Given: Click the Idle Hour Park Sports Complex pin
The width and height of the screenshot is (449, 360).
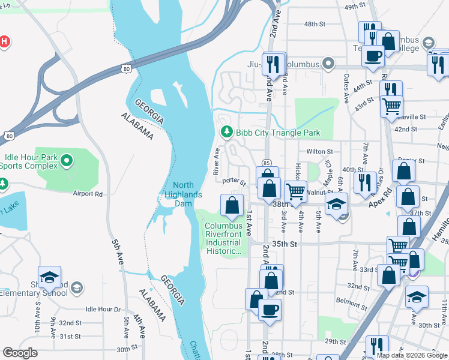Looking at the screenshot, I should pyautogui.click(x=67, y=161).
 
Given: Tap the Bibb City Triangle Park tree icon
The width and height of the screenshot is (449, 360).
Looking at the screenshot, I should pyautogui.click(x=226, y=132).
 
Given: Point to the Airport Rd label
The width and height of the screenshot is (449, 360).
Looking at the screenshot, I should pyautogui.click(x=88, y=194).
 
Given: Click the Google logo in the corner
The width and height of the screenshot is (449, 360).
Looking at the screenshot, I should pyautogui.click(x=20, y=353).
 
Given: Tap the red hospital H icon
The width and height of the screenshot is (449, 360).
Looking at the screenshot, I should pyautogui.click(x=4, y=42).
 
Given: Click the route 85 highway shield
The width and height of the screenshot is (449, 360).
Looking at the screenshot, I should pyautogui.click(x=266, y=162).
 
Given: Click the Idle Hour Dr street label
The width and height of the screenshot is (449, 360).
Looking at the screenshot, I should pyautogui.click(x=103, y=309).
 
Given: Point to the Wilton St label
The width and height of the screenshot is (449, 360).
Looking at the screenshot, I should pyautogui.click(x=319, y=152).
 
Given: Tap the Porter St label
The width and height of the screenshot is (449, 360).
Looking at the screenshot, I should pyautogui.click(x=234, y=181).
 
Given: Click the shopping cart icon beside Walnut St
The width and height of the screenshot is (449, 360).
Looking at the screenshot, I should pyautogui.click(x=295, y=191).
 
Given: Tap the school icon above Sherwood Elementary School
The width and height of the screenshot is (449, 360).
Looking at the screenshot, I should pyautogui.click(x=49, y=277).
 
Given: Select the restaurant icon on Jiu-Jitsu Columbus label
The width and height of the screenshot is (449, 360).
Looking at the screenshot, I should pyautogui.click(x=274, y=63).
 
